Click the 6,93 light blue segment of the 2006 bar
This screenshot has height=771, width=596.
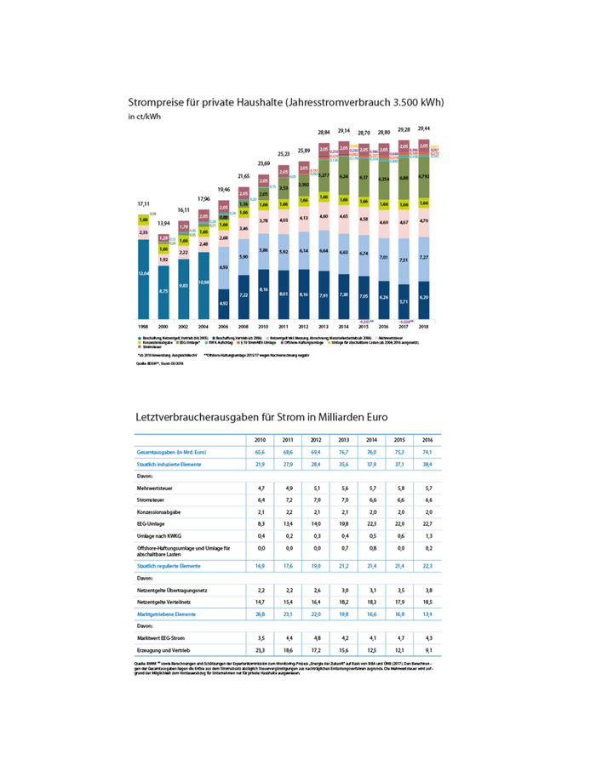coord(223,267)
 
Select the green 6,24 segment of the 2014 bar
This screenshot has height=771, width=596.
coord(344,176)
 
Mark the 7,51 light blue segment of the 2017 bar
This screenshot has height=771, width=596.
coord(403,260)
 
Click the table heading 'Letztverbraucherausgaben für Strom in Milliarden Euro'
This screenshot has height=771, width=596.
coord(261,418)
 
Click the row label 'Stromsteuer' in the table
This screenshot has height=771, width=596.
coord(153,500)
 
